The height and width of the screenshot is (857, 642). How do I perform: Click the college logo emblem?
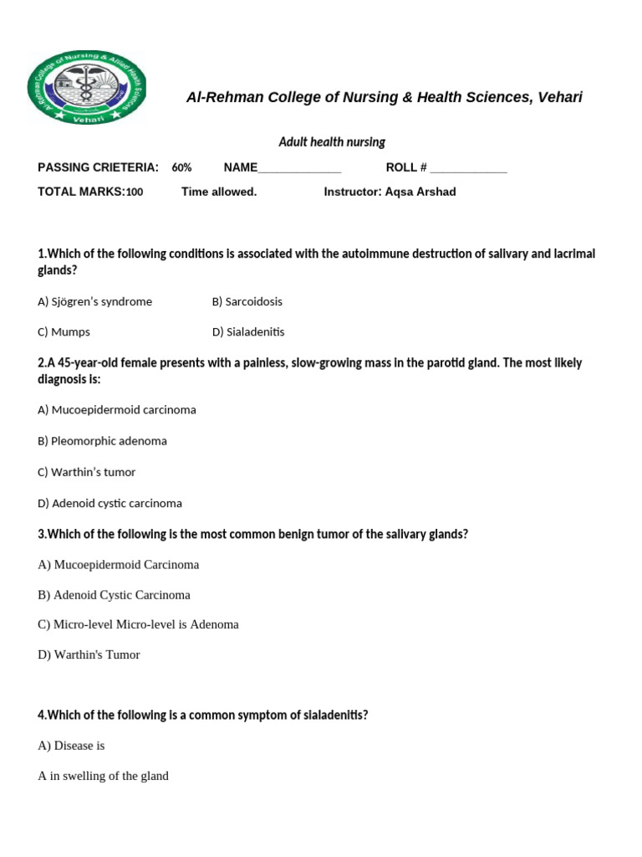[x=87, y=88]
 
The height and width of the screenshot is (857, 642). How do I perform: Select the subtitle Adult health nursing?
[x=332, y=142]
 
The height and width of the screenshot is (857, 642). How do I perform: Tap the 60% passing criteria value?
[x=181, y=167]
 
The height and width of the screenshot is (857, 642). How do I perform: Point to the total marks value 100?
[x=135, y=192]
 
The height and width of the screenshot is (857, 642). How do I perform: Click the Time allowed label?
[x=219, y=192]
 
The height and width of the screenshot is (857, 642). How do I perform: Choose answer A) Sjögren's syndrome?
[x=94, y=301]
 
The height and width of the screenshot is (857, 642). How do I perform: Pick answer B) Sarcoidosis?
[x=247, y=301]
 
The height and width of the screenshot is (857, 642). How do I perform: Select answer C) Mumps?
[x=64, y=331]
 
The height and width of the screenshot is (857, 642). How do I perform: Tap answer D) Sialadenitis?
[x=248, y=331]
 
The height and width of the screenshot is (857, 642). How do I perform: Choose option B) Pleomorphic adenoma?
[x=102, y=441]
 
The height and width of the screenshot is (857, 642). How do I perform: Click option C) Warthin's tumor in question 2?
[x=86, y=472]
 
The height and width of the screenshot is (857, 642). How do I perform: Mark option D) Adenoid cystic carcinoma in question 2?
[x=110, y=503]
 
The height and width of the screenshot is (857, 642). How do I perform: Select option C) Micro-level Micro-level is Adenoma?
[x=138, y=624]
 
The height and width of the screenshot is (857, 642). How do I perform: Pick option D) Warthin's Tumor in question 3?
[x=89, y=654]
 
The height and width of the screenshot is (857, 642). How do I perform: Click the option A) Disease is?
[x=71, y=746]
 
